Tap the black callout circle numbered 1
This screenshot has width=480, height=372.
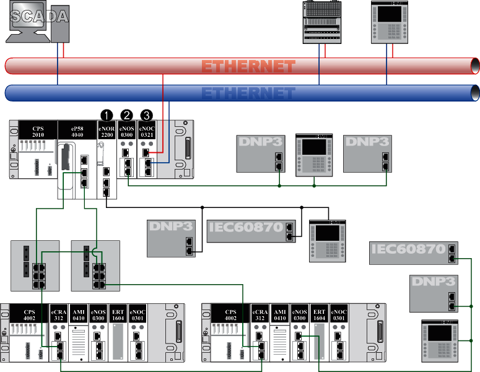[107, 115]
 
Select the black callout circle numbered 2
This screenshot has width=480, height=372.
[127, 115]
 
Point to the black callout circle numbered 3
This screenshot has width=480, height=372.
[147, 115]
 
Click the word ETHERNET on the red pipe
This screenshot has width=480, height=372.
[248, 66]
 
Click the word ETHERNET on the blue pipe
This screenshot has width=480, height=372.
[248, 93]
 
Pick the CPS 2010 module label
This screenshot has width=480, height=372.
[38, 131]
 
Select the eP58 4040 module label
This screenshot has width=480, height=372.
[77, 131]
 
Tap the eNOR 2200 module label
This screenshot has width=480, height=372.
[107, 131]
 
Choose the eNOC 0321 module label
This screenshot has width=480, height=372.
[147, 131]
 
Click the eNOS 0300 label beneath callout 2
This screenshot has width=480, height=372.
[127, 131]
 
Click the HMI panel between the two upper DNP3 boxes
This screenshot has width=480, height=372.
[315, 154]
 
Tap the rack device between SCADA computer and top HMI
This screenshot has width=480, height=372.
[322, 22]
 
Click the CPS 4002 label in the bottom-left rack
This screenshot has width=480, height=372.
[29, 314]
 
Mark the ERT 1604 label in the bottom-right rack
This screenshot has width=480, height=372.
[320, 314]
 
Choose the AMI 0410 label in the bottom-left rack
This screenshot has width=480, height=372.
[79, 314]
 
